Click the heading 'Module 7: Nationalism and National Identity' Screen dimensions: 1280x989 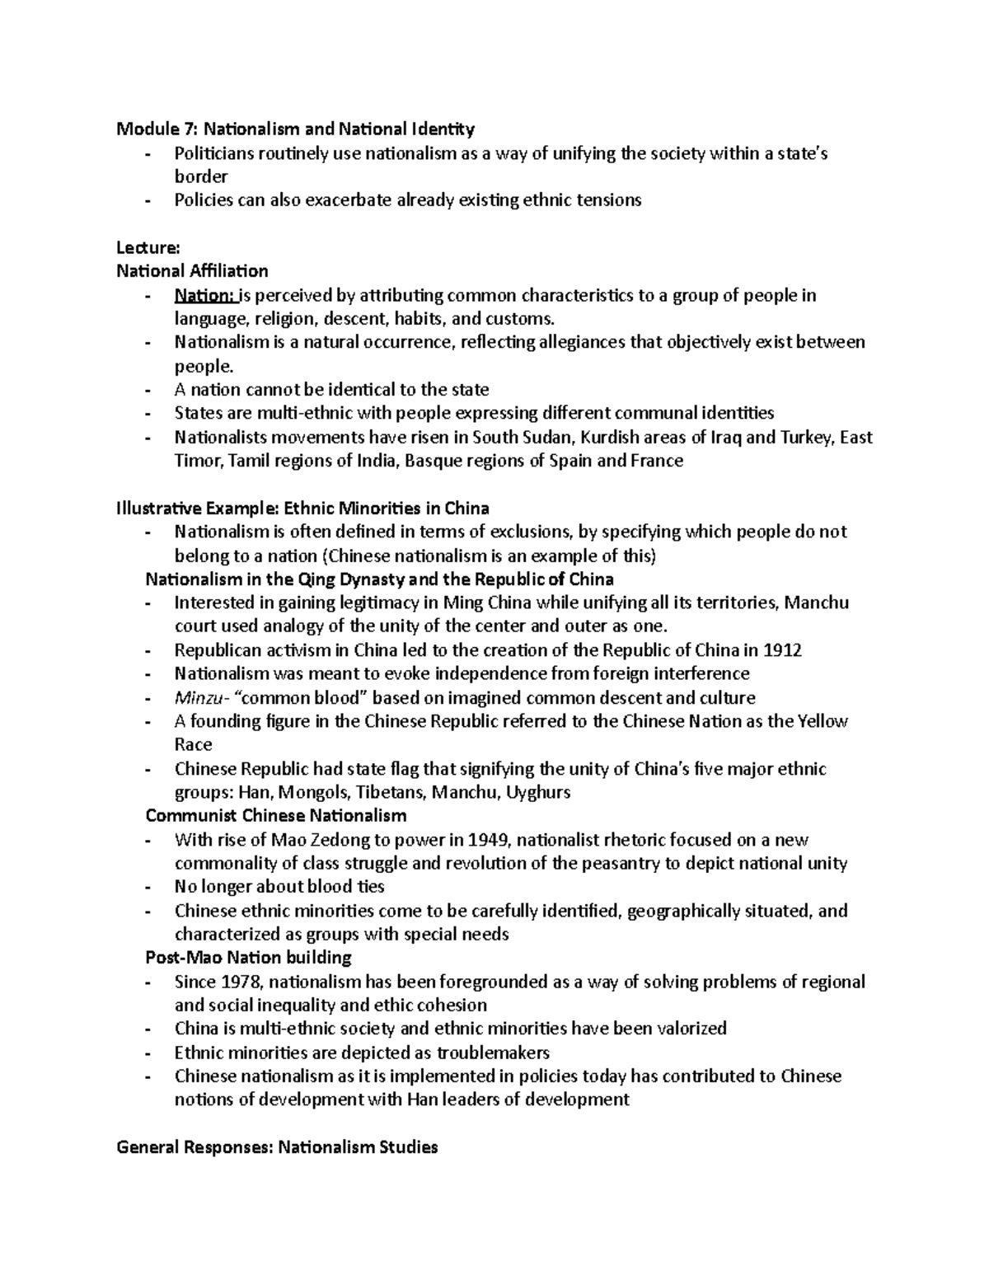[x=296, y=129]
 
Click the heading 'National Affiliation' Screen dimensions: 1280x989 [x=192, y=271]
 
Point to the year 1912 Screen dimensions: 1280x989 [x=783, y=649]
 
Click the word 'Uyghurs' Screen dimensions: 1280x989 [x=538, y=793]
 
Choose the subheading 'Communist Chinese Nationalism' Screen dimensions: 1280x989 [x=275, y=816]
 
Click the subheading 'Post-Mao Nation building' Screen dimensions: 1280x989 [x=248, y=958]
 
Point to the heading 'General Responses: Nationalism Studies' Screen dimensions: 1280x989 [x=277, y=1146]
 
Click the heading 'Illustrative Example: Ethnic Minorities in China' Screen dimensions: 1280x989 [x=303, y=508]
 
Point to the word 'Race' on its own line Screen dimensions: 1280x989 [x=193, y=745]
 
